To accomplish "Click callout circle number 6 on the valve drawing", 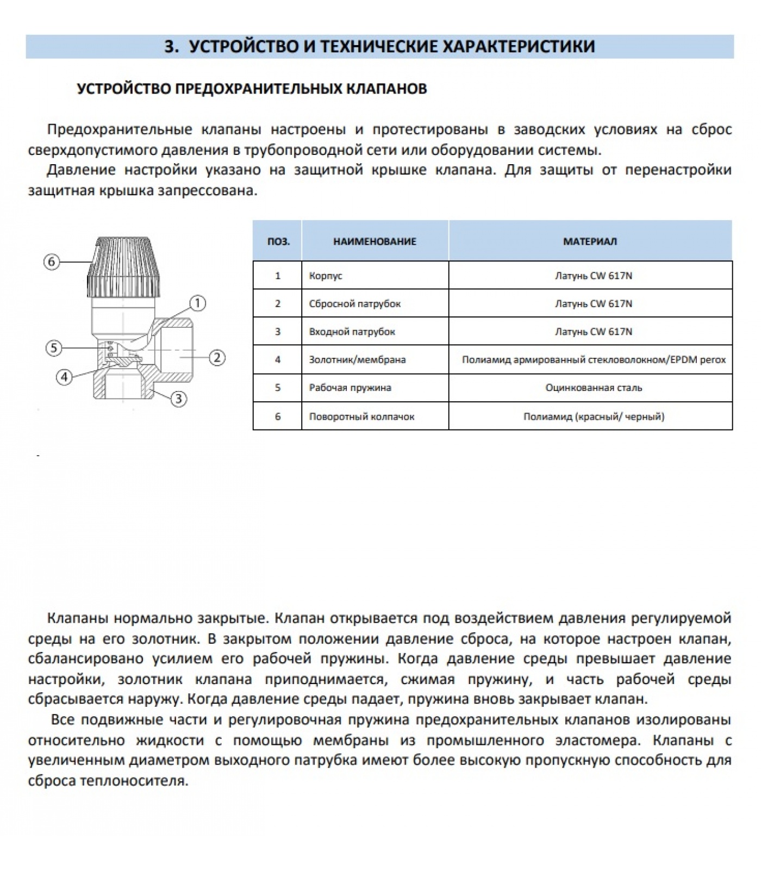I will (x=52, y=262).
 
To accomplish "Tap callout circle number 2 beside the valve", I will (x=217, y=357).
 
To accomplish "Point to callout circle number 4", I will (x=65, y=377).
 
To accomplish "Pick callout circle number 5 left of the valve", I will (x=53, y=348).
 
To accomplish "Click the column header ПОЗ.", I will (x=278, y=241).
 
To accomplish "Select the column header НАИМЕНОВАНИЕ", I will (x=375, y=241).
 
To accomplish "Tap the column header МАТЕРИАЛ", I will (x=590, y=241).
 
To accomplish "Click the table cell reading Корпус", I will (x=326, y=276).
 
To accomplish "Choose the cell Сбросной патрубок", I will (x=354, y=304).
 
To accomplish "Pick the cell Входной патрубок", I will (x=352, y=332).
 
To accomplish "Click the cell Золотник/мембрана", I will (x=357, y=359).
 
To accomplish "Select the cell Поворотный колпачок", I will (x=361, y=417).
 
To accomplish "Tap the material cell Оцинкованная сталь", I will (x=594, y=388).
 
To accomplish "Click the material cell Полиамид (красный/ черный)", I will (x=594, y=417).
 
